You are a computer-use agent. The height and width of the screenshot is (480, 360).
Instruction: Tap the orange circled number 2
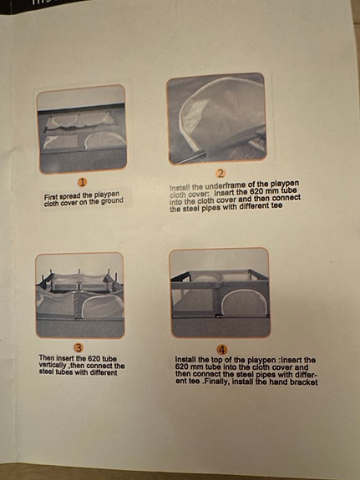(221, 172)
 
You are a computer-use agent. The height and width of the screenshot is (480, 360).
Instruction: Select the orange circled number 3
(78, 346)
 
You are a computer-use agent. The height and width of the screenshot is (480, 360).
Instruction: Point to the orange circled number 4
(221, 348)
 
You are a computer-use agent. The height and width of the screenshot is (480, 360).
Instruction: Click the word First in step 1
(53, 195)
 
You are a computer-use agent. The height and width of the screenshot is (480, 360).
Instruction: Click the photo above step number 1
(81, 128)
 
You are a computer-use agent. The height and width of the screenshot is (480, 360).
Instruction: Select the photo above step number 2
(215, 118)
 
